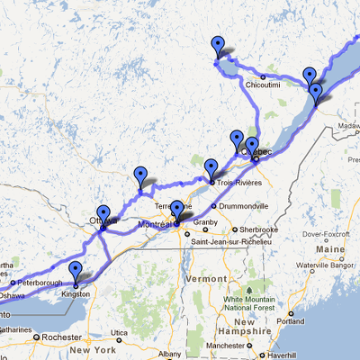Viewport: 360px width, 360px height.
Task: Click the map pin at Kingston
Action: coord(76,272)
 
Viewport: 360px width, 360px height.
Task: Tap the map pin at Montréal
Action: coord(177,211)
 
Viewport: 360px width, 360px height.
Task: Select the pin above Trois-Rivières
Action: coord(211,168)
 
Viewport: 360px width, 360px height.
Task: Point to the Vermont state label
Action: coord(206,279)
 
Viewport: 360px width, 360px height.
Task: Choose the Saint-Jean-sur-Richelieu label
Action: coord(225,242)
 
